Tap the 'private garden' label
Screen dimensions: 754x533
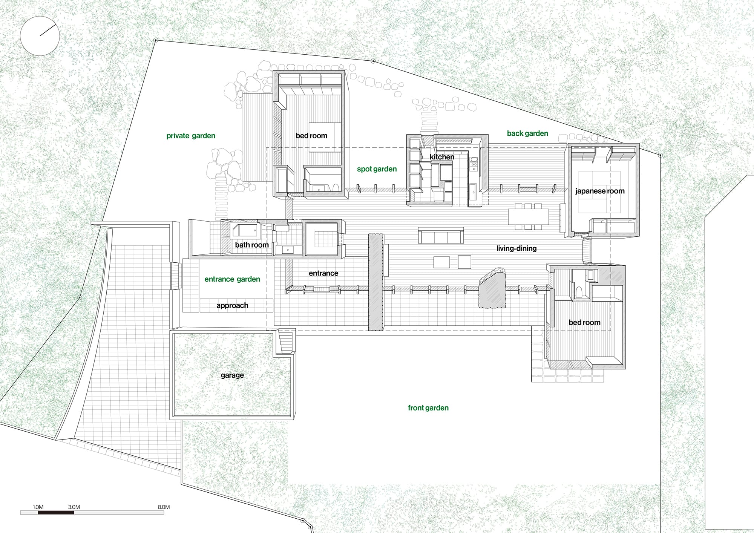(191, 136)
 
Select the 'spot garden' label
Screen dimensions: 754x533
(377, 169)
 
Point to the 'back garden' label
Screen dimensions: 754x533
(527, 133)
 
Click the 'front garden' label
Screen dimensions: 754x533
(428, 408)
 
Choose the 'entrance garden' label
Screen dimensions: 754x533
(232, 279)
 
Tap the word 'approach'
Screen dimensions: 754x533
(232, 306)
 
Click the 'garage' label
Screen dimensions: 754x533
(232, 375)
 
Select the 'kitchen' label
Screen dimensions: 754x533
(442, 157)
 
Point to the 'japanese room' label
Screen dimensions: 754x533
(600, 191)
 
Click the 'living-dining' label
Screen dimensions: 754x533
(516, 248)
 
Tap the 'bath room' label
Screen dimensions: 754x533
(252, 245)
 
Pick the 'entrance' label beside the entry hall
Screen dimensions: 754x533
(323, 273)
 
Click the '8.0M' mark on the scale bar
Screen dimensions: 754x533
(164, 507)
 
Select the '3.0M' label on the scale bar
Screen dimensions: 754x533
(74, 507)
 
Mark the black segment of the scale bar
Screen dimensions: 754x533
(56, 513)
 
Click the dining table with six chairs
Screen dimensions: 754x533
(528, 217)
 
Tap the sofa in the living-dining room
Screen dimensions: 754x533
(441, 235)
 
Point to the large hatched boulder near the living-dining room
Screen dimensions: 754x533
(493, 288)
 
